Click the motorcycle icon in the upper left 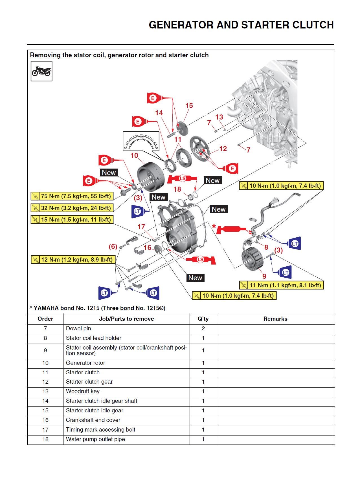[x=41, y=71]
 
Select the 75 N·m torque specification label [x=72, y=196]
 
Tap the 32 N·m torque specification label [x=72, y=208]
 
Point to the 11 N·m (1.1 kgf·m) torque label [x=282, y=285]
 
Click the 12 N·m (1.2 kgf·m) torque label [x=73, y=260]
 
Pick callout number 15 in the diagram [x=189, y=106]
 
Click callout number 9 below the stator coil [x=264, y=276]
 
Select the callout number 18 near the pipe [x=177, y=189]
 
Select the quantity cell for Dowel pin [x=203, y=329]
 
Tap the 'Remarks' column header [x=275, y=319]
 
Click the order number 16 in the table [x=45, y=420]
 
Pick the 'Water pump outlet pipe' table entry [x=95, y=439]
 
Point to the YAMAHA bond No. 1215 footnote [x=98, y=308]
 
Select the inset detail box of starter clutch [x=141, y=141]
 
